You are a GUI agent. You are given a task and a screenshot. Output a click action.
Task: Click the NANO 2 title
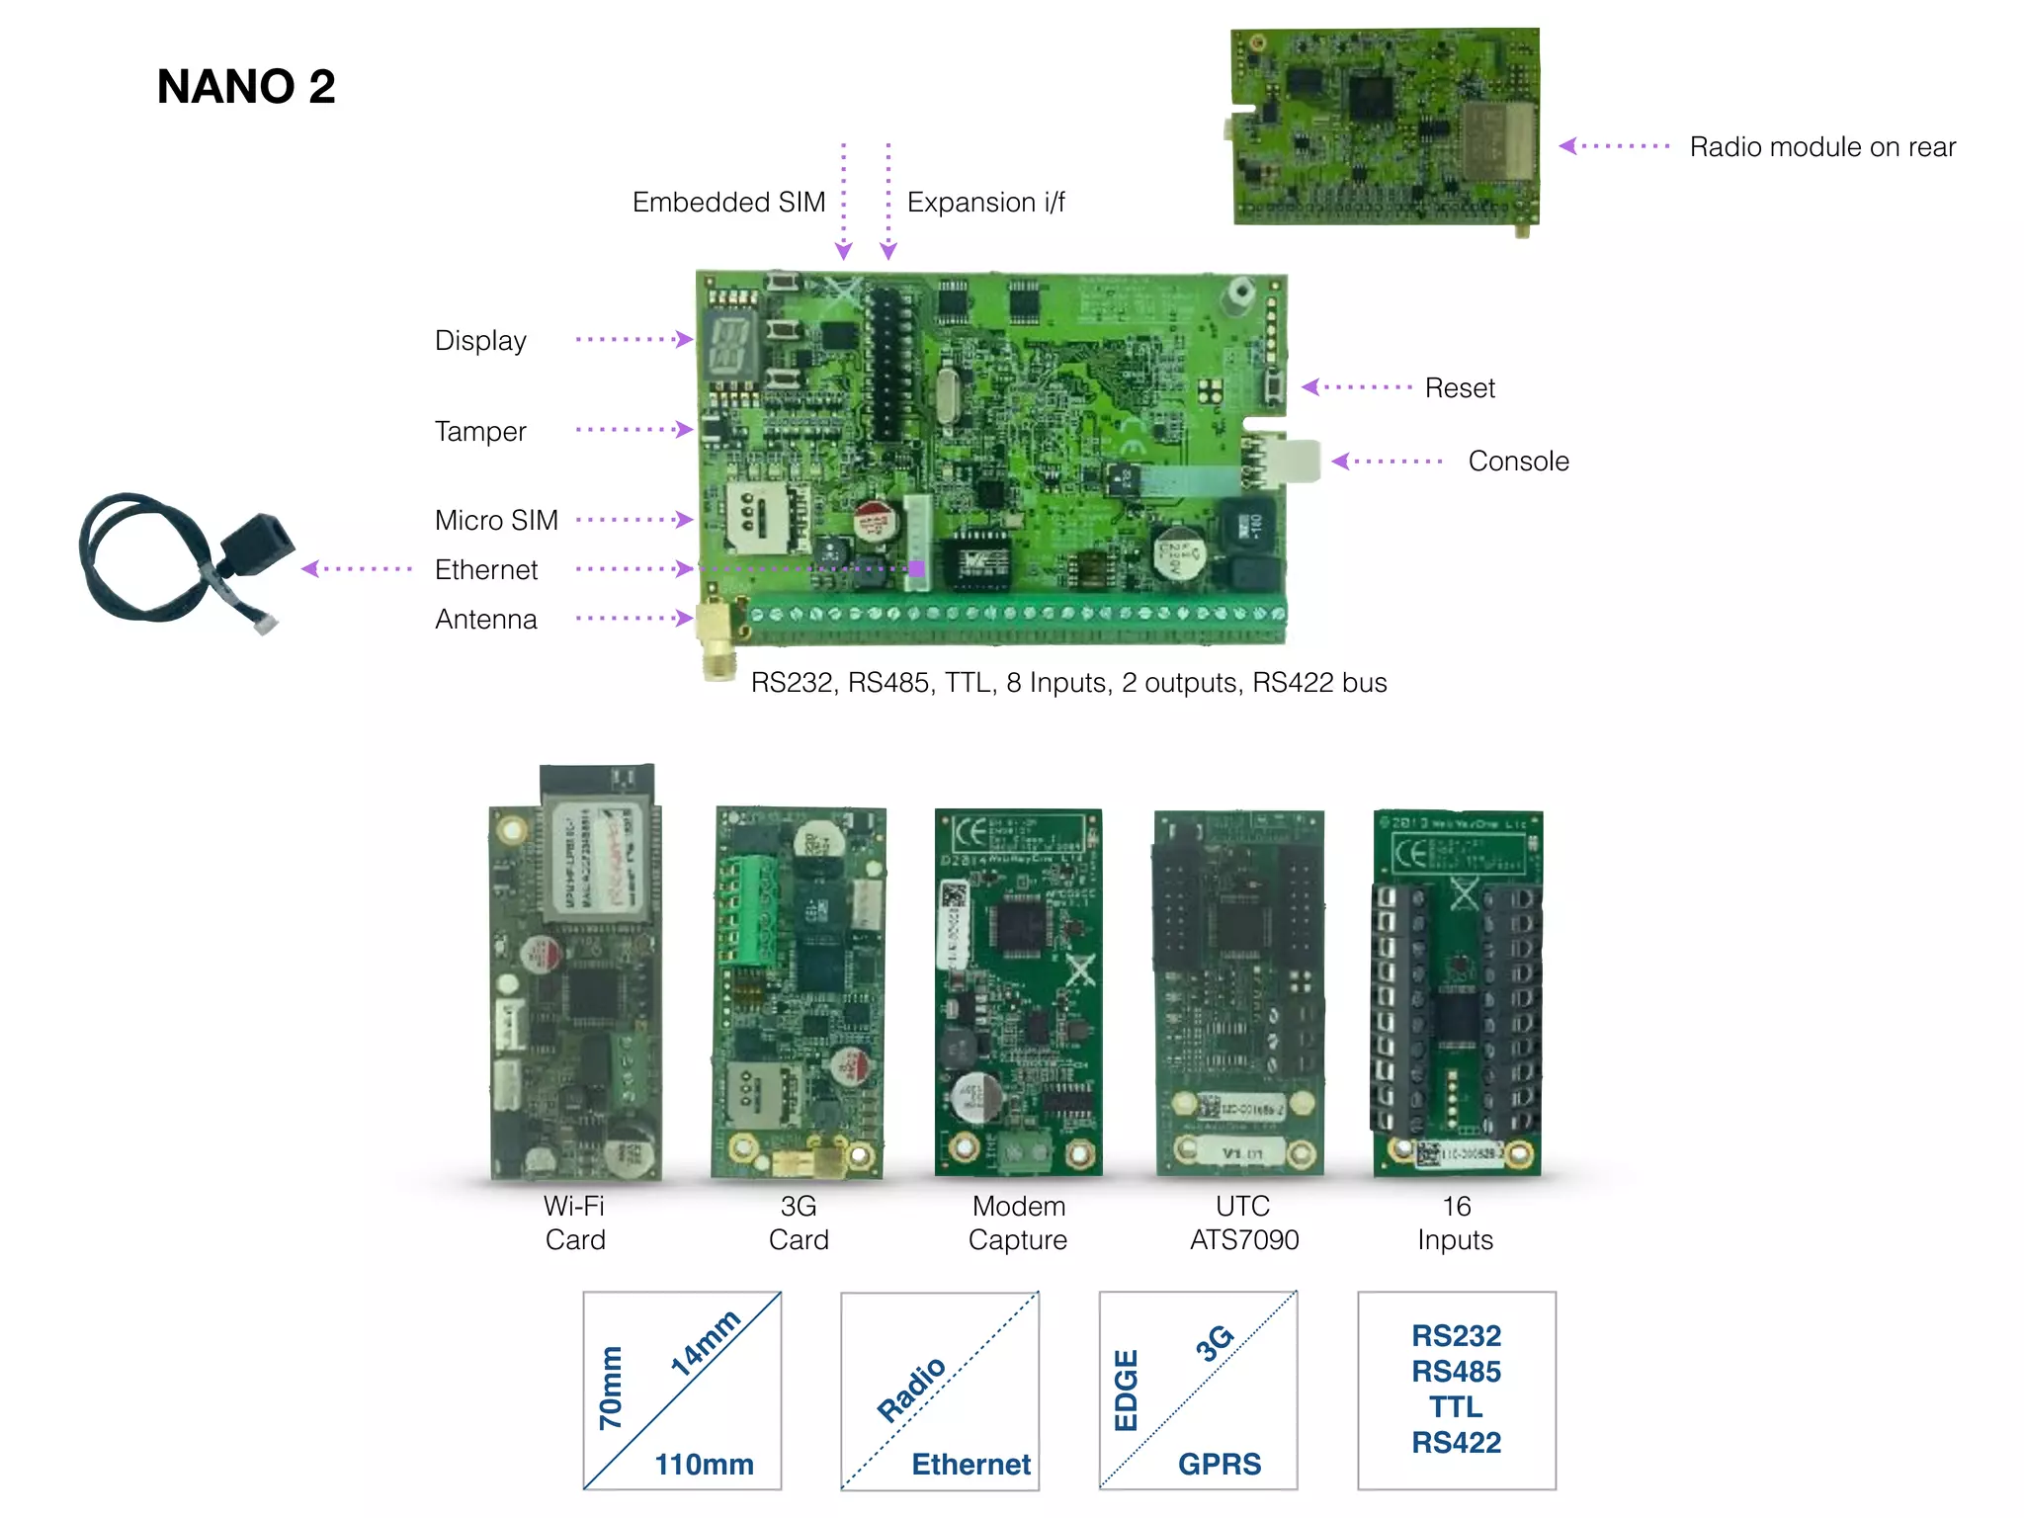246,87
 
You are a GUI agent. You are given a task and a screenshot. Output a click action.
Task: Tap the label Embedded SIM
728,203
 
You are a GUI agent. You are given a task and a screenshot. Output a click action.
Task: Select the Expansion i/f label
985,203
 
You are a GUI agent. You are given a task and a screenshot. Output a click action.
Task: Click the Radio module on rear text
1821,147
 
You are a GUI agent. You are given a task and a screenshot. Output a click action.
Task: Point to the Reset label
1459,388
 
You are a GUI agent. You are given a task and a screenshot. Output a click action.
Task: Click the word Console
1518,462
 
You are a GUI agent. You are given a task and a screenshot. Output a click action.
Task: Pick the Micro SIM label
496,521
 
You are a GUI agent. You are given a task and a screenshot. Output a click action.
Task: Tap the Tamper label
480,432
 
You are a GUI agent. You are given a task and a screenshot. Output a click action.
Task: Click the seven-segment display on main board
728,347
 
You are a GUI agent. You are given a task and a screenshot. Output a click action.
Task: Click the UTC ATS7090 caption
1243,1223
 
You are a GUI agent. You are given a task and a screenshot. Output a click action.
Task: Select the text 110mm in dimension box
704,1464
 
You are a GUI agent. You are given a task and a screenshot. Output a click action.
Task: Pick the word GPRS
1219,1464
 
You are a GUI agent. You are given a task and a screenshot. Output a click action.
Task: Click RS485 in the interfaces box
1456,1372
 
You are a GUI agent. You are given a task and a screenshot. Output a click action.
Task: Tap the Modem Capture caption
1018,1223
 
